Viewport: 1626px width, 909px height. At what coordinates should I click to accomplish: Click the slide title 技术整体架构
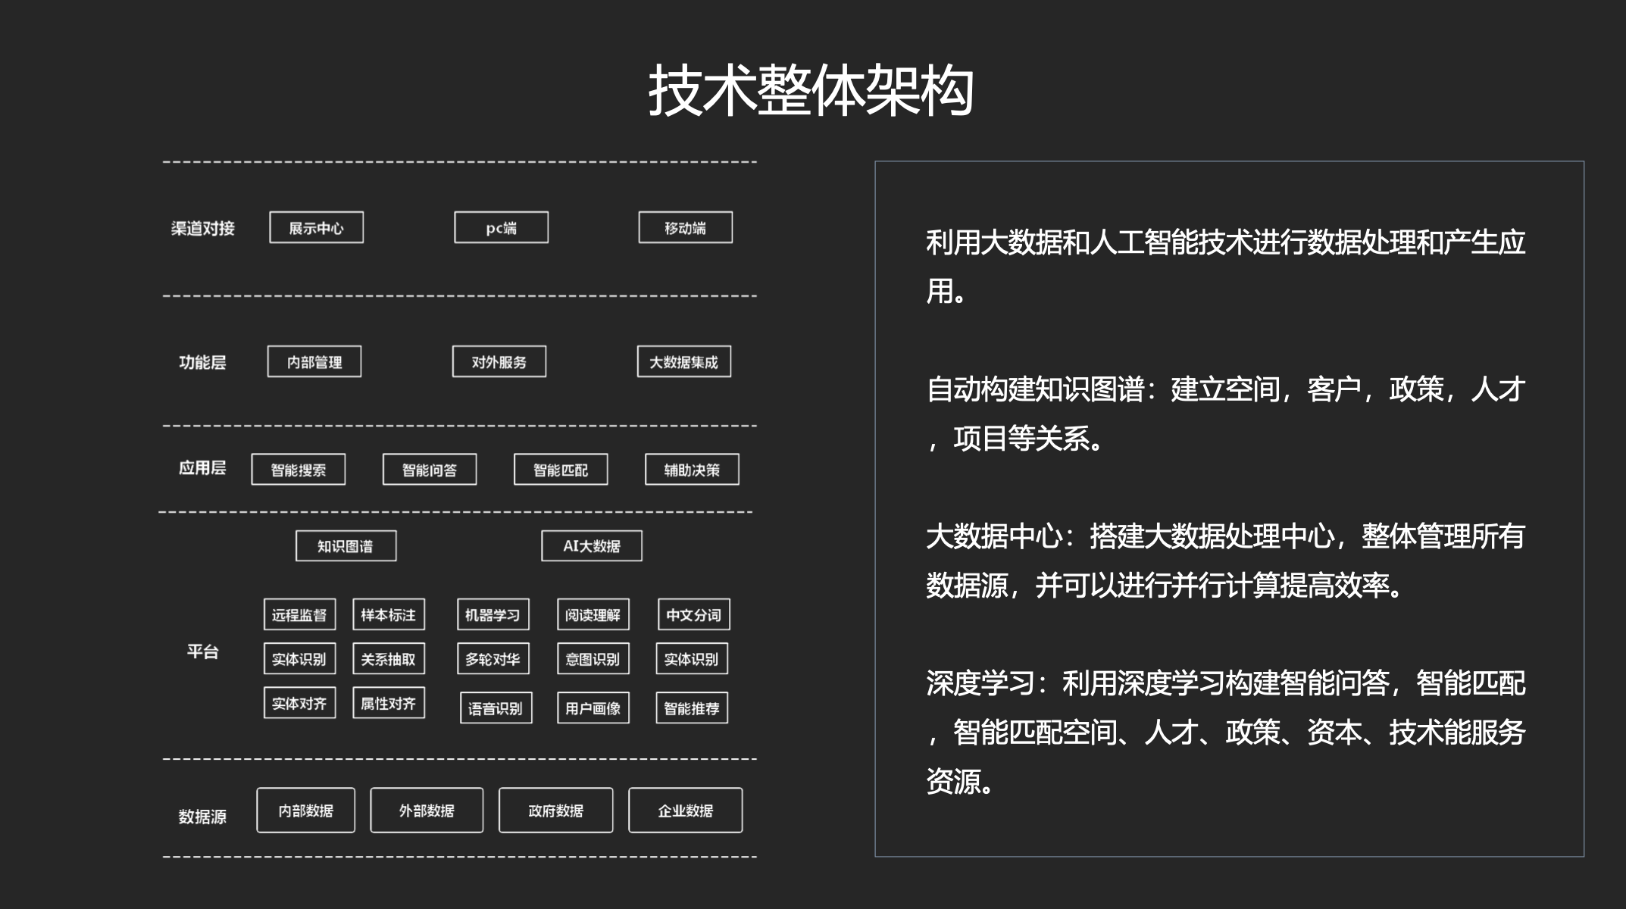(811, 90)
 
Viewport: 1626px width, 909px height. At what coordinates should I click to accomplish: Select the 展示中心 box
(317, 227)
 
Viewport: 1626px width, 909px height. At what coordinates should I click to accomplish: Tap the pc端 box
(501, 227)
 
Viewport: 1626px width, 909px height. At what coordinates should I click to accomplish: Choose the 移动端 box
(686, 227)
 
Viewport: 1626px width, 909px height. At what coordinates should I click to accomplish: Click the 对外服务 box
(499, 361)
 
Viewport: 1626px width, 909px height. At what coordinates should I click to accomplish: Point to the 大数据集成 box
(684, 361)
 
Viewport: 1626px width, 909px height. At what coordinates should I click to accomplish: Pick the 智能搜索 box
(299, 470)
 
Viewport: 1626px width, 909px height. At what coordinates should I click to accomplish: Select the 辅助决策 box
(692, 470)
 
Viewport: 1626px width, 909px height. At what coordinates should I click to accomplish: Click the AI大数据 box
(592, 545)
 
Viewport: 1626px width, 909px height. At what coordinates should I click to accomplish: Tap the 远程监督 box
(299, 614)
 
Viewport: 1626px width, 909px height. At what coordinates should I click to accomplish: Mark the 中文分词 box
(694, 614)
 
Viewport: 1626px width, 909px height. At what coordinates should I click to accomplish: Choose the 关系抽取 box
(389, 658)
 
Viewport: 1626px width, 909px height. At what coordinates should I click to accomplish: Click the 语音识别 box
(496, 708)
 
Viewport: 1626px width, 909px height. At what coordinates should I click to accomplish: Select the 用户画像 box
(593, 708)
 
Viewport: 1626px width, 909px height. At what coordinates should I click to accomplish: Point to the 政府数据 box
(556, 811)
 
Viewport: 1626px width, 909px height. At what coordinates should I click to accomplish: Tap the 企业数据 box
(686, 811)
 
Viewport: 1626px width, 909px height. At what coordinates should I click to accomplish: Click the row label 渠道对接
(203, 228)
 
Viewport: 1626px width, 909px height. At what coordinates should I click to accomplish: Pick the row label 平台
(203, 651)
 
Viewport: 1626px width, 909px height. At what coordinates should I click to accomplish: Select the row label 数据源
(202, 817)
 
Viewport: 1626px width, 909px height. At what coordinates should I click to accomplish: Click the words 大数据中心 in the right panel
(994, 536)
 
